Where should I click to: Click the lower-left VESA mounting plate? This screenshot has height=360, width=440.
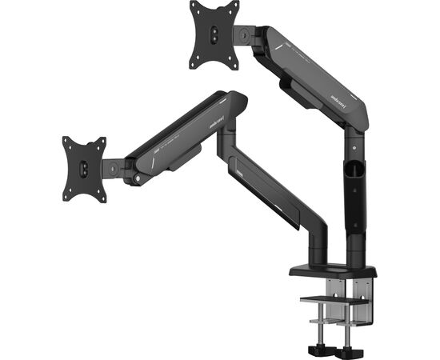tap(85, 169)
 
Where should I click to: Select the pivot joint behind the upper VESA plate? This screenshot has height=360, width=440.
tap(243, 34)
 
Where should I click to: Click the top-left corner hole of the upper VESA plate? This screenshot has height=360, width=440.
tap(195, 10)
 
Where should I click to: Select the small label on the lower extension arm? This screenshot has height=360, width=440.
tap(242, 167)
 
